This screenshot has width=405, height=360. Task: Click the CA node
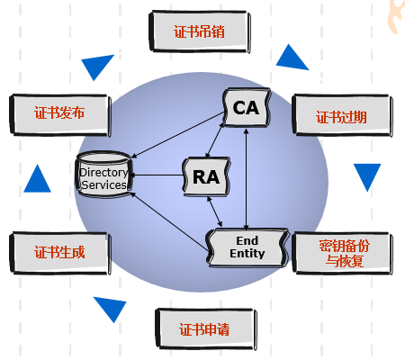tap(246, 109)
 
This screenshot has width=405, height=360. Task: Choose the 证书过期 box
tap(341, 117)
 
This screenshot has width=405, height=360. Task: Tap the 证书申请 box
tap(203, 328)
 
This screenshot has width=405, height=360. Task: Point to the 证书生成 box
tap(59, 252)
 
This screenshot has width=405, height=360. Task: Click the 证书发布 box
tap(59, 113)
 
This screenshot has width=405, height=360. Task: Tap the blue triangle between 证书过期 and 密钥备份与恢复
tap(366, 177)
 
